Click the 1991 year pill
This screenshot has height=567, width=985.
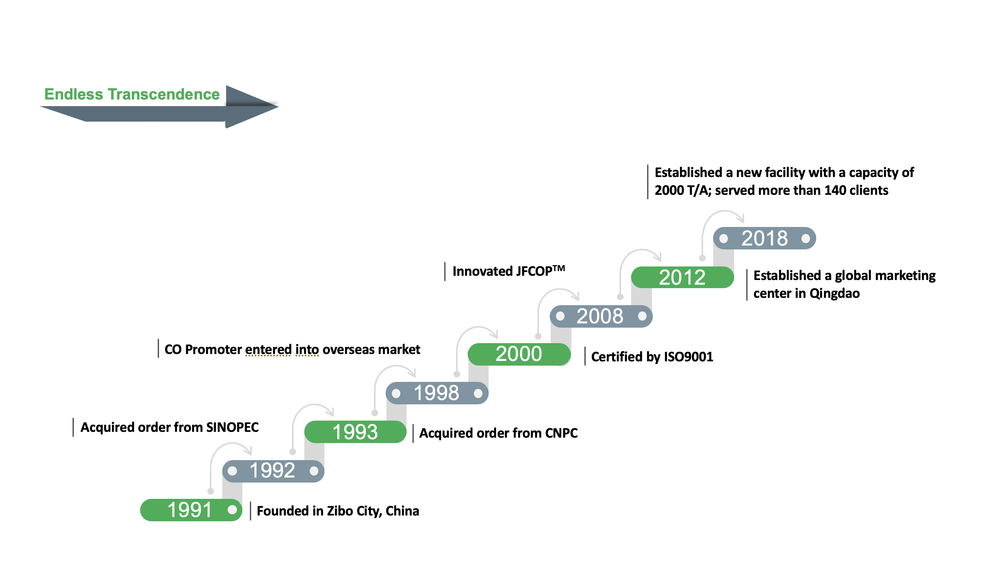(x=191, y=510)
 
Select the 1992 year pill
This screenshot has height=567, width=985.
(x=273, y=471)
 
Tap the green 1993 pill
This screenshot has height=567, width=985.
(x=355, y=432)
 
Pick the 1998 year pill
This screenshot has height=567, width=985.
(x=437, y=393)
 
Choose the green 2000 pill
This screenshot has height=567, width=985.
(x=519, y=354)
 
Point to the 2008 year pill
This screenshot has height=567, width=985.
(x=601, y=316)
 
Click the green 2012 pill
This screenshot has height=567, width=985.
(x=682, y=277)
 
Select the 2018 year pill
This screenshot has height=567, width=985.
(x=764, y=238)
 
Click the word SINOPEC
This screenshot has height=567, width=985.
(x=232, y=427)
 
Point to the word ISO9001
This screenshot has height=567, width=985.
(x=688, y=357)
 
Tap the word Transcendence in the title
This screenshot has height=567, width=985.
(x=163, y=94)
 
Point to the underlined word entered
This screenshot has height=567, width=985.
(x=268, y=349)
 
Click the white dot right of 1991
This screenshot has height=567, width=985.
(x=232, y=510)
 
